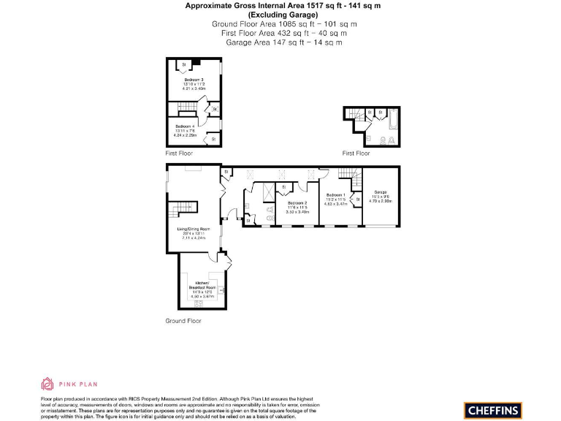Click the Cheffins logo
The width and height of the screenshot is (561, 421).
(x=492, y=410)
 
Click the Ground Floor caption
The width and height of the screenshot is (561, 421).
(x=183, y=321)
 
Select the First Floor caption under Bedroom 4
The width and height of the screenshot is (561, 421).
(x=179, y=155)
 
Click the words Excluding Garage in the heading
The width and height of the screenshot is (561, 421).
(x=283, y=15)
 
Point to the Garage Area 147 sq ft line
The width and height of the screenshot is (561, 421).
(x=283, y=42)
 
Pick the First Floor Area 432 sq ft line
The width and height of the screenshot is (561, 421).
(x=283, y=33)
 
